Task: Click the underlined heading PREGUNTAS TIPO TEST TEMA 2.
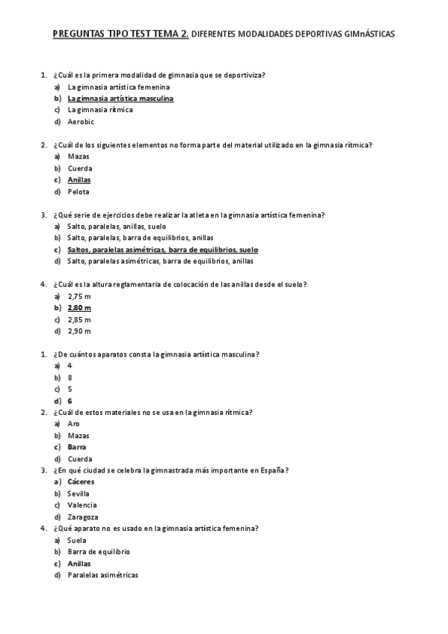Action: coord(121,34)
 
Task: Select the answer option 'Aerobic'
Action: coord(81,122)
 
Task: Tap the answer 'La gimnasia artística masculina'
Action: coord(120,98)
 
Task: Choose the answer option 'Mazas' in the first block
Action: coord(79,156)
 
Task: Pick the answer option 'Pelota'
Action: coord(79,191)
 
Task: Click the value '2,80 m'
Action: coord(79,307)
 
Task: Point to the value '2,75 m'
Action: coord(79,296)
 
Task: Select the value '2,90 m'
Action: coord(79,330)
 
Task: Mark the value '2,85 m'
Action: coord(79,319)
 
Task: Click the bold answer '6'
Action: coord(70,401)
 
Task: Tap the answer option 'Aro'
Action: coord(73,424)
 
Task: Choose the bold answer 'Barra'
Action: coord(77,447)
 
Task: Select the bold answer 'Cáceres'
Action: coord(81,482)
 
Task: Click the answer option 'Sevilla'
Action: coord(79,493)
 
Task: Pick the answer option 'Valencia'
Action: coord(82,505)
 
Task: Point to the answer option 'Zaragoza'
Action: coord(83,517)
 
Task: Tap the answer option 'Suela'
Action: coord(77,540)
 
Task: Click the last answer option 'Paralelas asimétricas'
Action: coord(102,575)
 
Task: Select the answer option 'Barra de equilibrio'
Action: coord(99,552)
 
